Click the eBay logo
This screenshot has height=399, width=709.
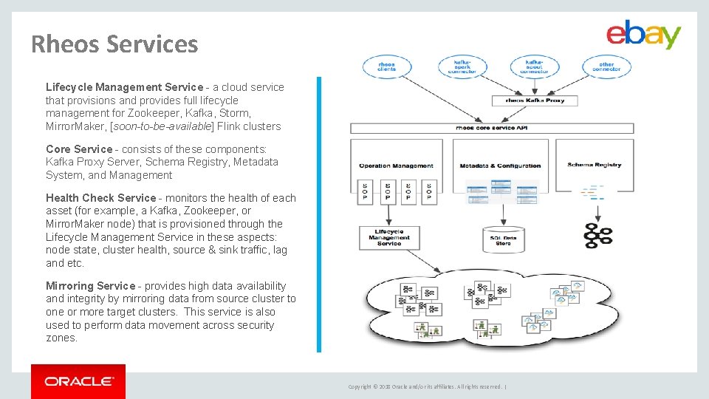643,34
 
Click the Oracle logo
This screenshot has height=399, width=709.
78,381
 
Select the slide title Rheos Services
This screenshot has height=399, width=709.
114,44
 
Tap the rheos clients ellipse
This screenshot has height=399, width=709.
386,66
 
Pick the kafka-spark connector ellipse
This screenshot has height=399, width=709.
462,66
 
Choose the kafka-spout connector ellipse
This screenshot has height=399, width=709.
533,66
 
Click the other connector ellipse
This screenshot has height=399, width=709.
606,66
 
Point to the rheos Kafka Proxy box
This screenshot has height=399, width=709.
534,100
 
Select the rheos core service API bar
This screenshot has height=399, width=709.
491,128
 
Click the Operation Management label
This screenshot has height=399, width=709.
396,166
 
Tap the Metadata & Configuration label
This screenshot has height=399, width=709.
500,166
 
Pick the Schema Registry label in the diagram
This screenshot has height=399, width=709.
594,165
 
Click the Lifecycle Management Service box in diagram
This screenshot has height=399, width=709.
388,238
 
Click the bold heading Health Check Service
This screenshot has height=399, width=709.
100,198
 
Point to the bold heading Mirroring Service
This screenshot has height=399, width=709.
91,286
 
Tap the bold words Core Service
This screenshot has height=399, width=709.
79,149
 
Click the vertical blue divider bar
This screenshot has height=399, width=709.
319,214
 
